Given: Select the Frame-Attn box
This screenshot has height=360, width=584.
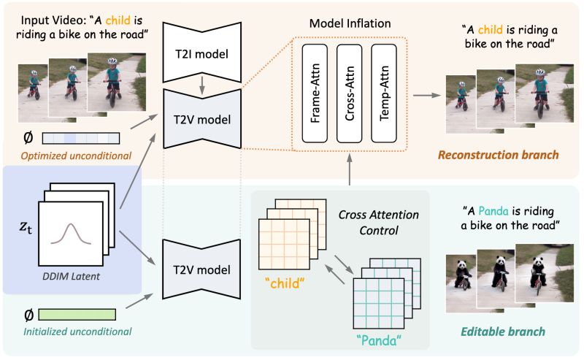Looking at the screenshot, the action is (315, 93).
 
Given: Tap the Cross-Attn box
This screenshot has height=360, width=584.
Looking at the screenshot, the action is (350, 93).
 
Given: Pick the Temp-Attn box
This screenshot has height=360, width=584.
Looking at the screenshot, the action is (384, 93).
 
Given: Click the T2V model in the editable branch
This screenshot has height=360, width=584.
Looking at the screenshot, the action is (201, 269).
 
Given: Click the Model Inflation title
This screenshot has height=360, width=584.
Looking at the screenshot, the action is (350, 23).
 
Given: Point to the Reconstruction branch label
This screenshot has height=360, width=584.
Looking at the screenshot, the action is (499, 155).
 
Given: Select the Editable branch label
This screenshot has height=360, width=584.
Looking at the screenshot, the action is (503, 332).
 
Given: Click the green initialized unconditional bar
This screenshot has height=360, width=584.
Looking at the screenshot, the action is (77, 314).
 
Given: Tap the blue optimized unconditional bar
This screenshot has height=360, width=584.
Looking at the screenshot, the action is (81, 138).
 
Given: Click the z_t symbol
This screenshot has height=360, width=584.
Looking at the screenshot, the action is (26, 226).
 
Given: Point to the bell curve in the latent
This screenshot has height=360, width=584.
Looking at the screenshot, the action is (71, 234).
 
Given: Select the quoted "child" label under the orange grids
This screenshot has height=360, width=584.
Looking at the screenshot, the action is (285, 283).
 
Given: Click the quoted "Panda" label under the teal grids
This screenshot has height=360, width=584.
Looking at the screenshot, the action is (379, 340).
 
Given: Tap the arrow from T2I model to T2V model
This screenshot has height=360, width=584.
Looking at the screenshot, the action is (202, 85).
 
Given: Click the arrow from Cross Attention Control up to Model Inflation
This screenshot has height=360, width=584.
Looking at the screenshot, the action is (350, 169).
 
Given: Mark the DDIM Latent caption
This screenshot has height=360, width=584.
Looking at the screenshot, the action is (71, 276).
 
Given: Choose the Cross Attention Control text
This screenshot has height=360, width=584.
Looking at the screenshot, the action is (379, 223).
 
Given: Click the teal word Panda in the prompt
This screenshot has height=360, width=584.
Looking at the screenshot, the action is (493, 211).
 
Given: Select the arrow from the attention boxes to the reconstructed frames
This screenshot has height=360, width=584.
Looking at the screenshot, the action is (427, 96).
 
